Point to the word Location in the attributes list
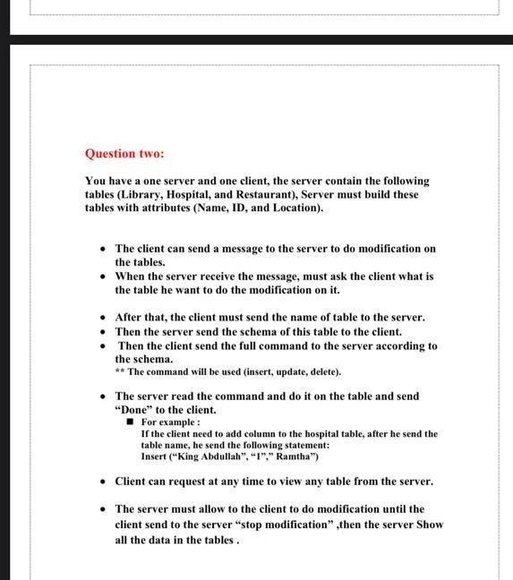[295, 208]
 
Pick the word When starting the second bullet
[132, 277]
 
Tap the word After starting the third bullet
[131, 318]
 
